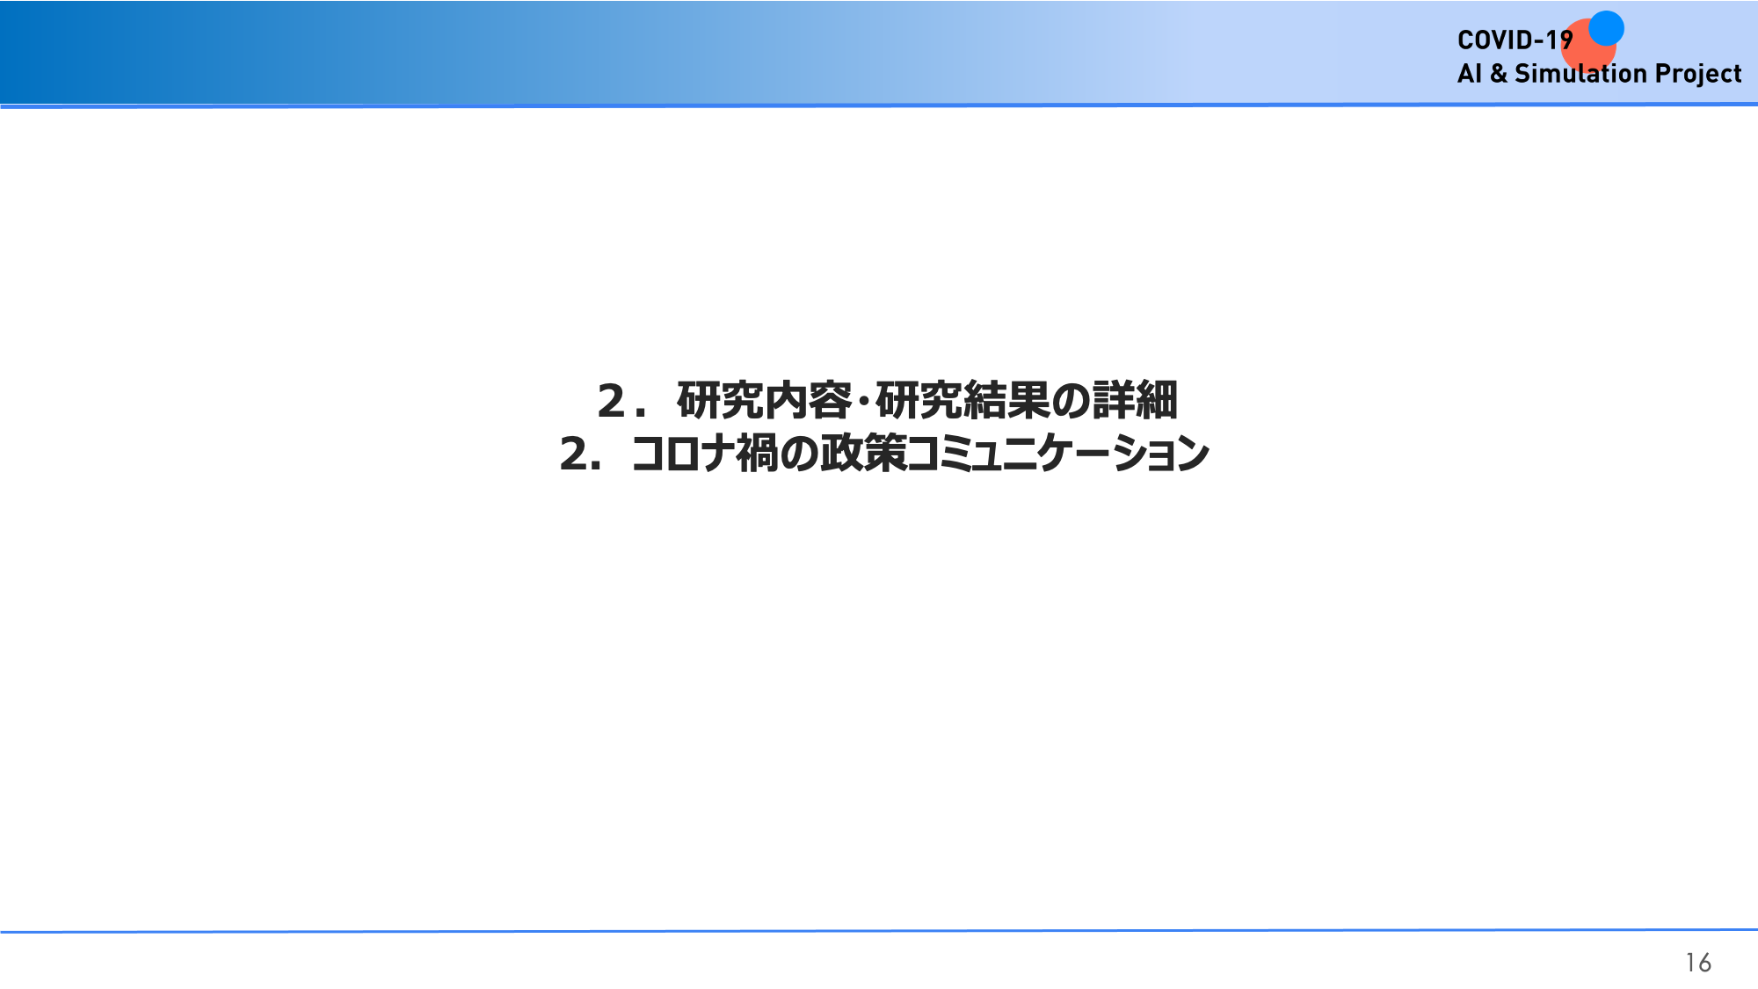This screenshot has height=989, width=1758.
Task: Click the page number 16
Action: [1698, 963]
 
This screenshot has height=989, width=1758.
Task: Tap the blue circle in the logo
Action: [1606, 28]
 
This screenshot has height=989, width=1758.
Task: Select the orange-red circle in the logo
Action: [1588, 46]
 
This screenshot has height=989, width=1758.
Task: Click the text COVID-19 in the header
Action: [1515, 40]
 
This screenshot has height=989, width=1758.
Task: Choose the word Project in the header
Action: [1698, 74]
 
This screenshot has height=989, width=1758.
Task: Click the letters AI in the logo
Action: [1470, 73]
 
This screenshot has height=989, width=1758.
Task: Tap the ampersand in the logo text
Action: [1499, 73]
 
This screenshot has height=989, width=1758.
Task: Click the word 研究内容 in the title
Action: [764, 401]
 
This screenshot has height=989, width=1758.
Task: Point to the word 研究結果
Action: [963, 401]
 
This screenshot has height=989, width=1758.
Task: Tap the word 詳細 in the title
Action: [1135, 401]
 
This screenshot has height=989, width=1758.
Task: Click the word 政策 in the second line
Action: [864, 455]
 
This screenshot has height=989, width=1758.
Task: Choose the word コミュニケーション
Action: [1058, 455]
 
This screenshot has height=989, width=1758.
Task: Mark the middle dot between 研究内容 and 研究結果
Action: [864, 402]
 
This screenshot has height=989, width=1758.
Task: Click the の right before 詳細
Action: [1072, 402]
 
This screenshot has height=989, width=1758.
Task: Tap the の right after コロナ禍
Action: [800, 455]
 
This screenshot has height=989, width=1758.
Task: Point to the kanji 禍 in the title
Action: [758, 455]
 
